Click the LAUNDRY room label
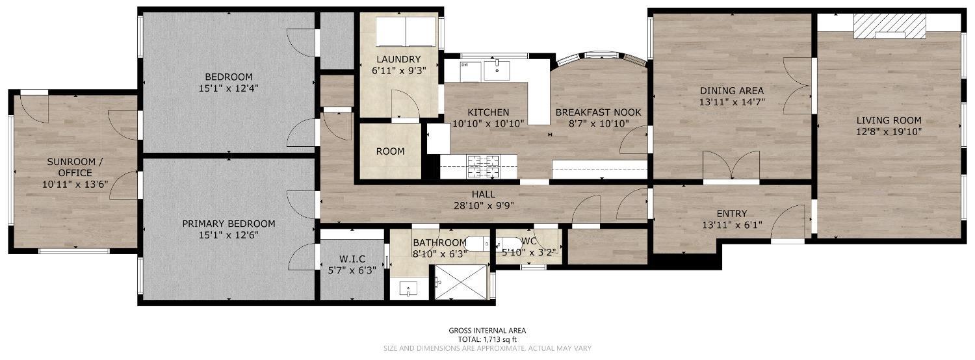pyautogui.click(x=398, y=59)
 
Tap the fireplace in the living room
pyautogui.click(x=889, y=27)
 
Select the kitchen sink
pyautogui.click(x=497, y=71)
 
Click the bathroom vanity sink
pyautogui.click(x=408, y=289)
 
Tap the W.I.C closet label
pyautogui.click(x=346, y=259)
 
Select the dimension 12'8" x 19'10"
pyautogui.click(x=889, y=132)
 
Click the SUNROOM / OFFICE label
pyautogui.click(x=75, y=167)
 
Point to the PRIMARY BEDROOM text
pyautogui.click(x=229, y=224)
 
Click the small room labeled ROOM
pyautogui.click(x=391, y=151)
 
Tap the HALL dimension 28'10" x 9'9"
pyautogui.click(x=484, y=205)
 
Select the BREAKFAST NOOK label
pyautogui.click(x=598, y=112)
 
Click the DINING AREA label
pyautogui.click(x=732, y=90)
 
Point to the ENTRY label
pyautogui.click(x=732, y=213)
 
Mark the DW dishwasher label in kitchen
pyautogui.click(x=465, y=65)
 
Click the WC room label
pyautogui.click(x=528, y=240)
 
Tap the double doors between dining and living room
pyautogui.click(x=798, y=86)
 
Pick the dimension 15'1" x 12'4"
pyautogui.click(x=229, y=88)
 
